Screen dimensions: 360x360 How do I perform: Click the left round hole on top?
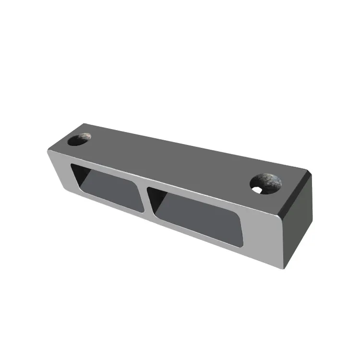pos(79,140)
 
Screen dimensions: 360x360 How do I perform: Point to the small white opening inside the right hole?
pos(260,191)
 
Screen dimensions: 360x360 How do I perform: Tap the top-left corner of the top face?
pos(86,126)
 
